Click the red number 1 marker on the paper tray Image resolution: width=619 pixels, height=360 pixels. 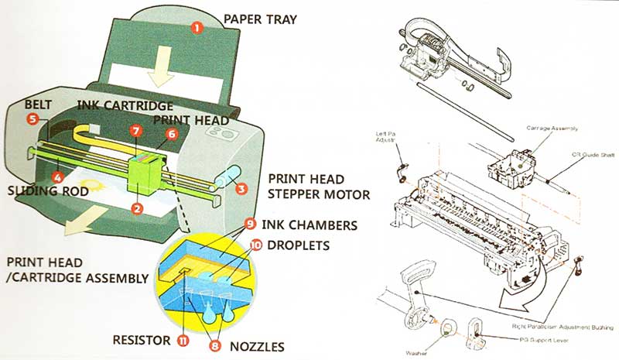click(x=197, y=27)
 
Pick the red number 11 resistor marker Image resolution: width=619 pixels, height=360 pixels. click(x=183, y=340)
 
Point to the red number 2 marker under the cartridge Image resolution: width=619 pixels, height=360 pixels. click(x=137, y=207)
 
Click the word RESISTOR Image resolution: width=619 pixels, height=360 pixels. click(x=139, y=339)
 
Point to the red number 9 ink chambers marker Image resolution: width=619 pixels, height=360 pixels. click(x=249, y=225)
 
